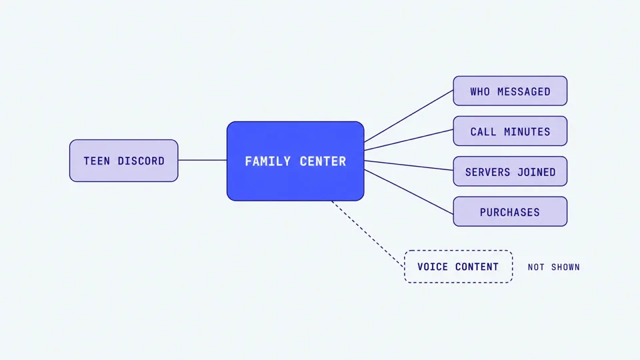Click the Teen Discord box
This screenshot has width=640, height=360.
tap(124, 161)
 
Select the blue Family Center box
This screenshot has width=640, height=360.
tap(295, 161)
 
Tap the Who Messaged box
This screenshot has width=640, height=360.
tap(510, 91)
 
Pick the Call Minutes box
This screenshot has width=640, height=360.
tap(510, 131)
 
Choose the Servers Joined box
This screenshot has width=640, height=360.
tap(510, 171)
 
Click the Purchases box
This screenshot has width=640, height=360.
tap(510, 211)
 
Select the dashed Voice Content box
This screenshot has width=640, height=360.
tap(459, 267)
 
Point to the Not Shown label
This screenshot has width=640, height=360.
tap(553, 267)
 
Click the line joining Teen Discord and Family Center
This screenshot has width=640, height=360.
tap(203, 160)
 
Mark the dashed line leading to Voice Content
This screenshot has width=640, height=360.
tap(368, 234)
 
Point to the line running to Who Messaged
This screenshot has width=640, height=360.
tap(409, 116)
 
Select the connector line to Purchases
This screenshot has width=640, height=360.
tap(409, 192)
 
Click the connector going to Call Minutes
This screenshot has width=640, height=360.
tap(409, 140)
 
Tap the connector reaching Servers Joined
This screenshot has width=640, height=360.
tap(409, 165)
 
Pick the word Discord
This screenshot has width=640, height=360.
tap(141, 161)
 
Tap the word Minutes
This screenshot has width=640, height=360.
tap(527, 131)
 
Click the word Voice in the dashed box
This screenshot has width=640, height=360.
tap(433, 267)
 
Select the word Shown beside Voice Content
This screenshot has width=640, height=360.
tap(565, 267)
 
